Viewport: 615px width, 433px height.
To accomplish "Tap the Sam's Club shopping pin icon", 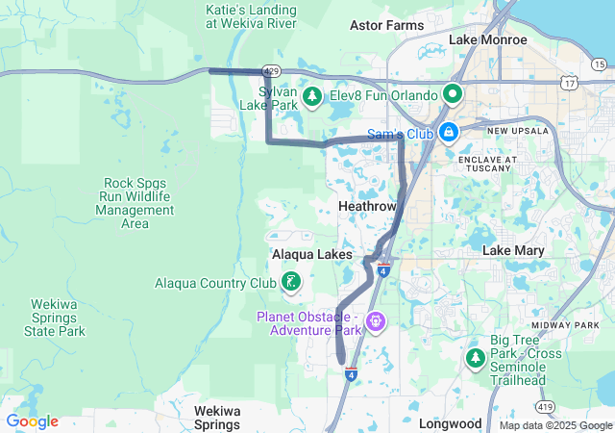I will point(448,132).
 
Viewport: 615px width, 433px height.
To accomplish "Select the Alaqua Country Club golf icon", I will point(289,283).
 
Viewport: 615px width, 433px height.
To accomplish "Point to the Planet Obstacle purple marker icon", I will point(375,320).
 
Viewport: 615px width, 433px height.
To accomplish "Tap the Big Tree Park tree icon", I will point(475,358).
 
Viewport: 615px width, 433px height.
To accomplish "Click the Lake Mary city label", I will point(510,250).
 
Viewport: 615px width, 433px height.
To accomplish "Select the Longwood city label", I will point(450,423).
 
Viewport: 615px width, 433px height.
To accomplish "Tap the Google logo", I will point(32,421).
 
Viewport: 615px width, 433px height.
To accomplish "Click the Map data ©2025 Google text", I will point(554,425).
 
